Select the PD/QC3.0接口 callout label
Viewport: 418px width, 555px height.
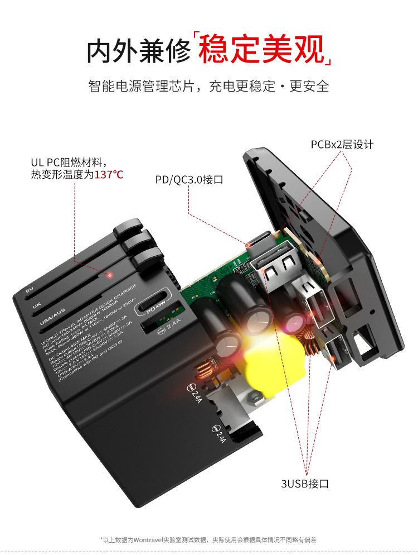(189, 179)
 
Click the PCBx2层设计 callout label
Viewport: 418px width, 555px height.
(342, 145)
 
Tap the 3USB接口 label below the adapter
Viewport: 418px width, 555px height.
(305, 483)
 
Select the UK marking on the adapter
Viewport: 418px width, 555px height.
(37, 306)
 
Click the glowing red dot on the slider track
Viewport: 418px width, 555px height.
(110, 275)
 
